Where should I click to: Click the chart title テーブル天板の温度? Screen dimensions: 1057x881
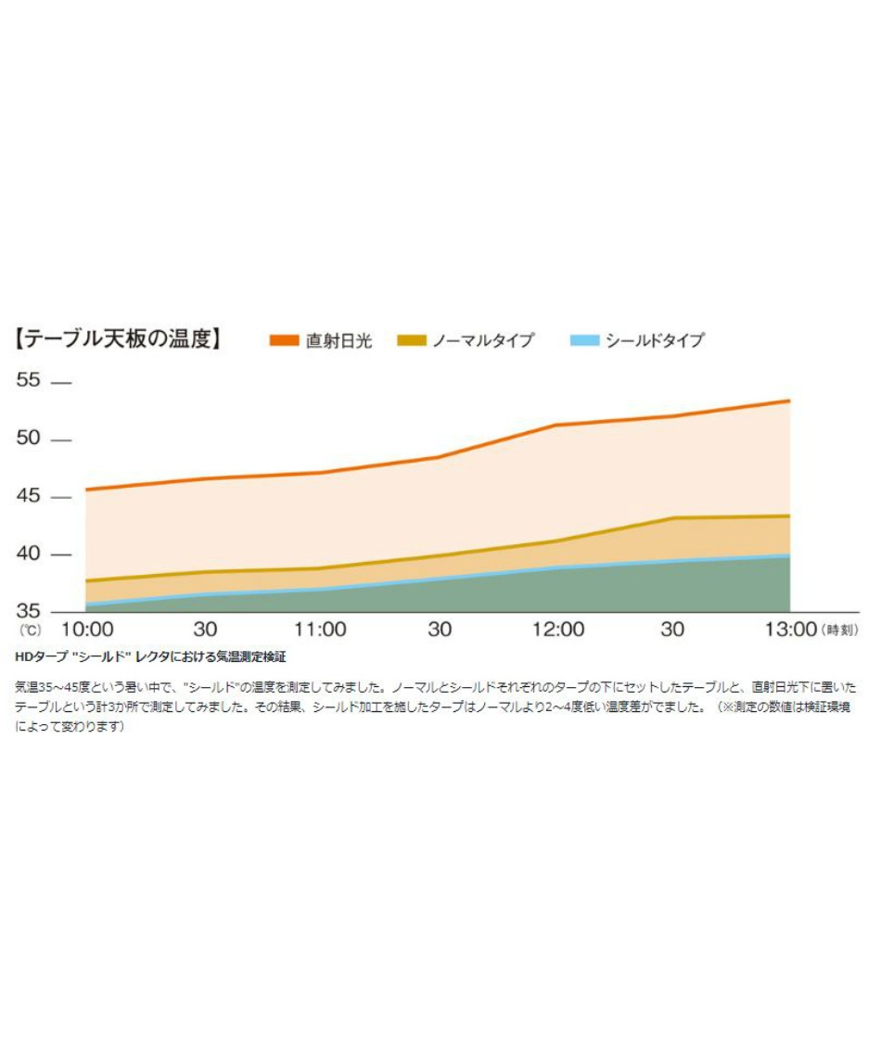[119, 339]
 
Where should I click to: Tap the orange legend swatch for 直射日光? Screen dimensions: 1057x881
[284, 340]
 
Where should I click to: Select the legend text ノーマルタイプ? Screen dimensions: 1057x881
[483, 340]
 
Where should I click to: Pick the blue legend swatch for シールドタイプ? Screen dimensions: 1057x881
[583, 340]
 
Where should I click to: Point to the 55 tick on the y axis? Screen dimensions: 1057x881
[32, 381]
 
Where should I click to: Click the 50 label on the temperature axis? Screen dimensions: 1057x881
[32, 439]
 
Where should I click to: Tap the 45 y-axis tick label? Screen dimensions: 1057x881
[32, 496]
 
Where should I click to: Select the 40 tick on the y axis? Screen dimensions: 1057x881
[32, 554]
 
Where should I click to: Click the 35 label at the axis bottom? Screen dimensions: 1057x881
[32, 611]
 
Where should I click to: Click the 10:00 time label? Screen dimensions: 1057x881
[86, 630]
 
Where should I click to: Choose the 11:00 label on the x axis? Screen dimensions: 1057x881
[321, 630]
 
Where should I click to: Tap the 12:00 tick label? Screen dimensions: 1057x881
[556, 630]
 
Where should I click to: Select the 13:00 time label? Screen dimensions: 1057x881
[789, 630]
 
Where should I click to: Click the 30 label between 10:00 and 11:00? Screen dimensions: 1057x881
[205, 630]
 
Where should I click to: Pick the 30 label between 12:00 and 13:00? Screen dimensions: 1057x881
[673, 630]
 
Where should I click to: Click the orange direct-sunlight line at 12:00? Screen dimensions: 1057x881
[556, 425]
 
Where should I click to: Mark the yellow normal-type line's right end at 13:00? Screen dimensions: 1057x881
[788, 516]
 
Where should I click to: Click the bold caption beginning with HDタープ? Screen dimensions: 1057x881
[150, 656]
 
